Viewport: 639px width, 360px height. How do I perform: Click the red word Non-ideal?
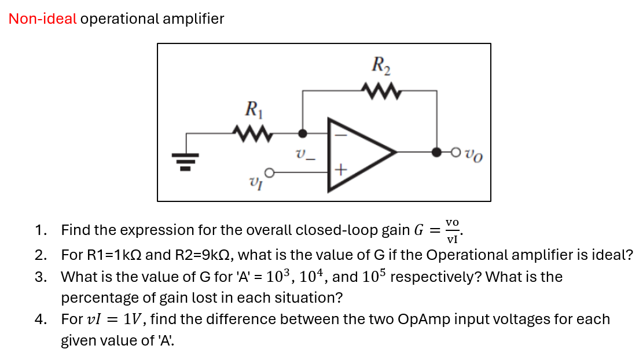(42, 19)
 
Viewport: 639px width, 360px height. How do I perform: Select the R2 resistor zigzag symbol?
(380, 90)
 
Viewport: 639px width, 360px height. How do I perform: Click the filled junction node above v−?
(302, 133)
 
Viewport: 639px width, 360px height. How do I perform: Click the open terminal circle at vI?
(269, 172)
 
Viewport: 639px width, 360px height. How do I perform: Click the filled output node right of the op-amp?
(436, 153)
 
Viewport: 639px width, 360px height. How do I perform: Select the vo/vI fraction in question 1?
(452, 230)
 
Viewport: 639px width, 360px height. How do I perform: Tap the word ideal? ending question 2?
(612, 255)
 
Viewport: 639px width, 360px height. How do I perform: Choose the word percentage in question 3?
(94, 298)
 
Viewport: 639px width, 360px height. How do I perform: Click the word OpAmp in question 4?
(421, 319)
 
